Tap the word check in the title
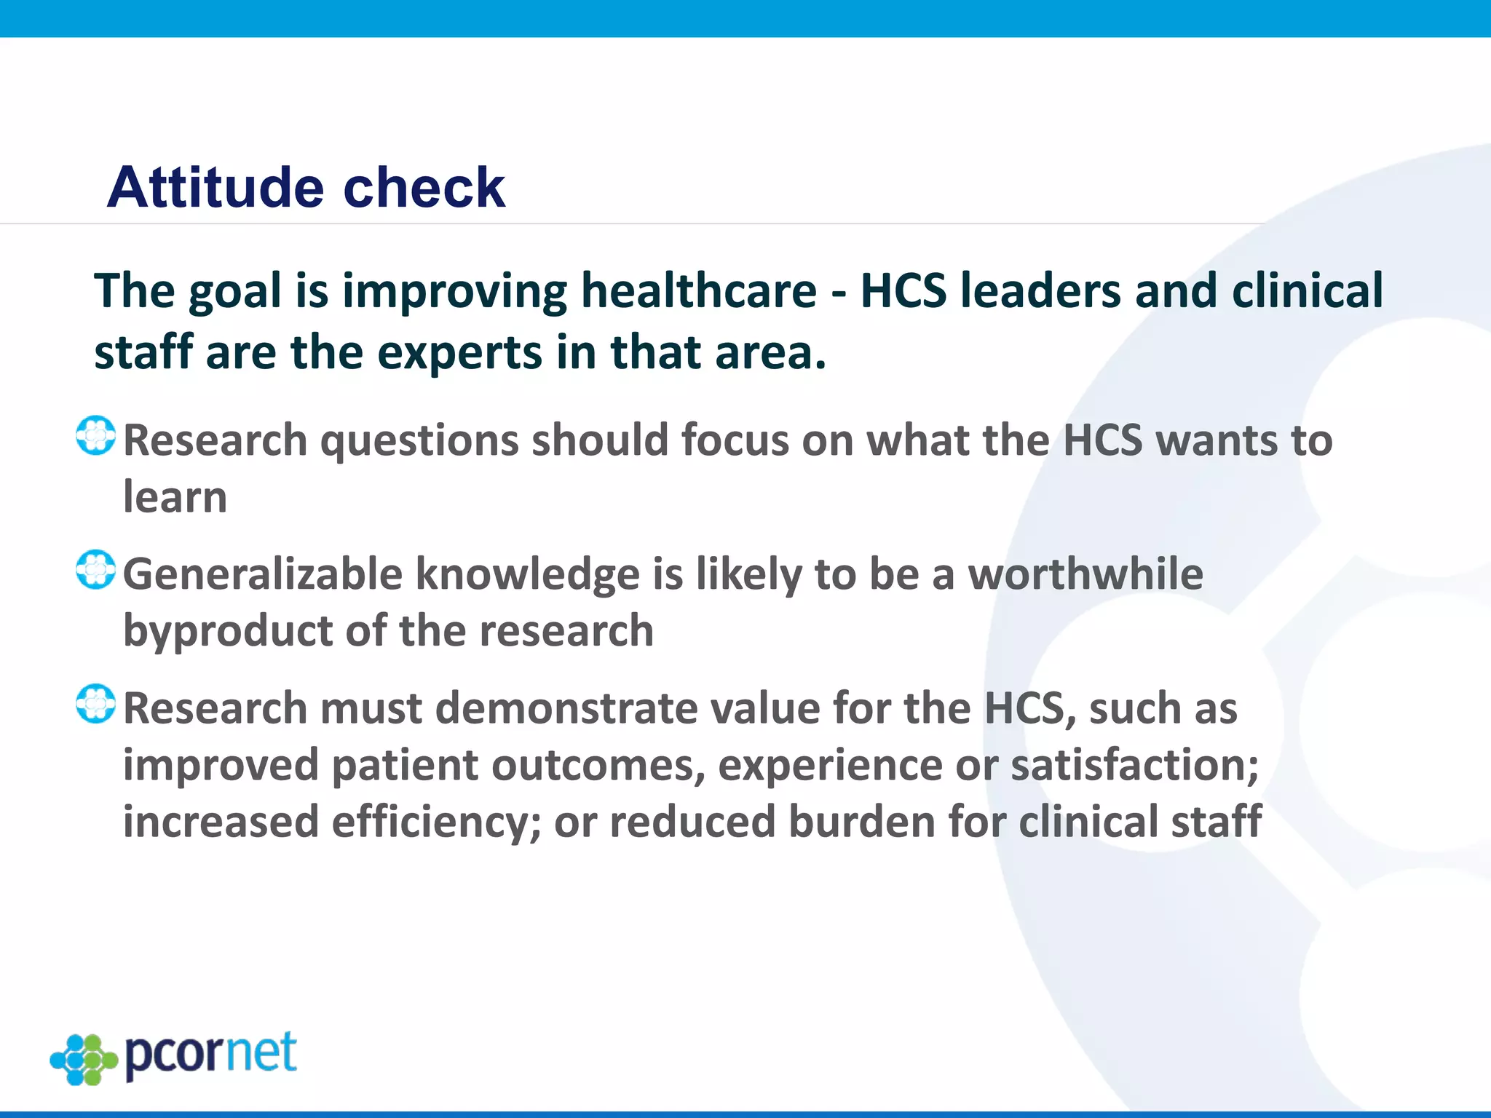[424, 187]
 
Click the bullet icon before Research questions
[95, 436]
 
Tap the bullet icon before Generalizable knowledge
[95, 570]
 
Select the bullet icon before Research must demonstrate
[95, 704]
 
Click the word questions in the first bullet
[419, 442]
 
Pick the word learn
[175, 497]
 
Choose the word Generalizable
[262, 574]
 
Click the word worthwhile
[1085, 574]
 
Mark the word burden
[861, 822]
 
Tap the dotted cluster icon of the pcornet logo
[83, 1059]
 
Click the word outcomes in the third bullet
[597, 765]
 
